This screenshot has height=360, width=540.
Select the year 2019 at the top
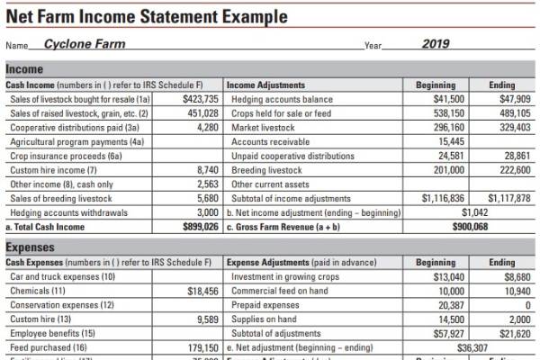point(436,43)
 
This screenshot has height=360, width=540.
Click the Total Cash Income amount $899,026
point(200,226)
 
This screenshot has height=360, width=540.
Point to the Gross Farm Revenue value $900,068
point(469,226)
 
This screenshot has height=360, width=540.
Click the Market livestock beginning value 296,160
point(445,127)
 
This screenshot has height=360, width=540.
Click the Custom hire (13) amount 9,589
point(208,319)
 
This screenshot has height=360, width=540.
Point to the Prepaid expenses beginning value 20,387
point(446,305)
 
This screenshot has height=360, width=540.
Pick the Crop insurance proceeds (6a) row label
point(57,155)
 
